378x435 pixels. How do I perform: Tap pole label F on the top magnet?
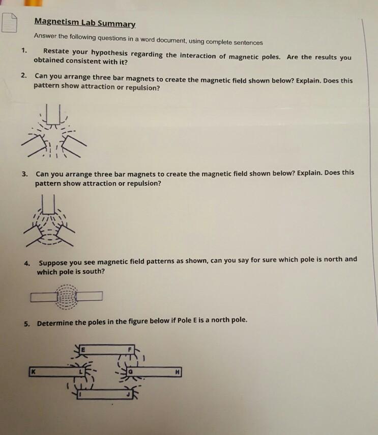(130, 349)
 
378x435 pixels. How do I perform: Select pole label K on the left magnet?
(34, 372)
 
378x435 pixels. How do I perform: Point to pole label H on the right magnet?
(177, 372)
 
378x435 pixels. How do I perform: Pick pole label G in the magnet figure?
(130, 373)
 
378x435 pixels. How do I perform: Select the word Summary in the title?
(118, 23)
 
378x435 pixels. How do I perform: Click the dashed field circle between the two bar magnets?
(66, 296)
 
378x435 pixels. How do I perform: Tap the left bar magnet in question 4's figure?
(43, 296)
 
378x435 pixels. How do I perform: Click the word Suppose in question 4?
(53, 263)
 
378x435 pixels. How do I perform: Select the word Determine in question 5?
(56, 323)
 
